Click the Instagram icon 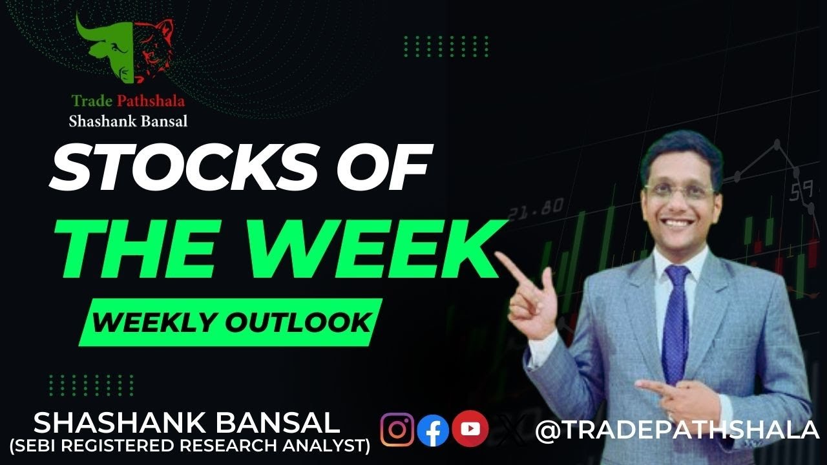(397, 429)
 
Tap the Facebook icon (433, 430)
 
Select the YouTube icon (470, 429)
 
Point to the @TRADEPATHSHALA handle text (677, 430)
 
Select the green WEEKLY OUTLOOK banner (230, 322)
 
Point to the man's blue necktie (676, 323)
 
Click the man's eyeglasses (679, 191)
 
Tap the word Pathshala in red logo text (152, 101)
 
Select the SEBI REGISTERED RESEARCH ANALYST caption (189, 446)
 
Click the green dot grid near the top (446, 46)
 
